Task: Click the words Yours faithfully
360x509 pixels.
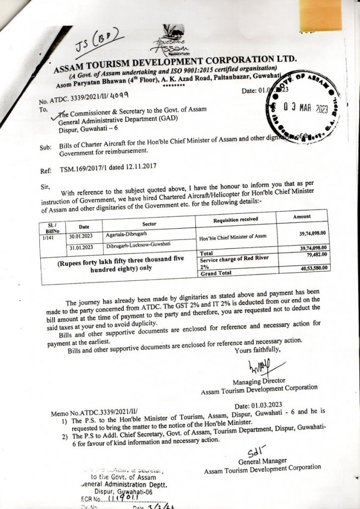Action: click(257, 349)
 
